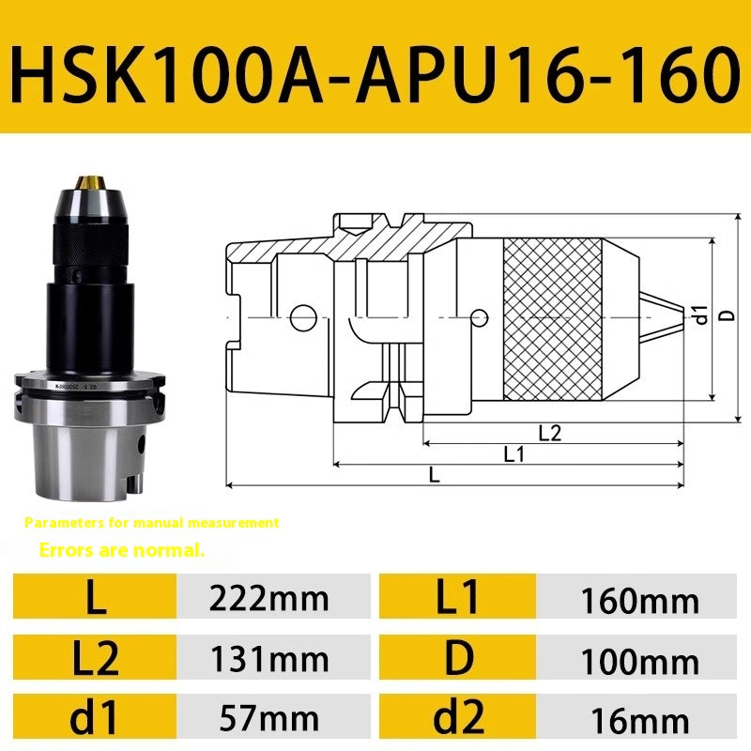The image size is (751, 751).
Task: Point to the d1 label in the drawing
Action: click(x=699, y=316)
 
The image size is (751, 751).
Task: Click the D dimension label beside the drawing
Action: click(x=725, y=316)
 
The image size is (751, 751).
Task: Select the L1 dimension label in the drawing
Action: click(x=513, y=454)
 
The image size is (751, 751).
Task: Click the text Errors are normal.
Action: click(x=122, y=550)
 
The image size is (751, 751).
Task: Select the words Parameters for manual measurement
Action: click(x=152, y=522)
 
